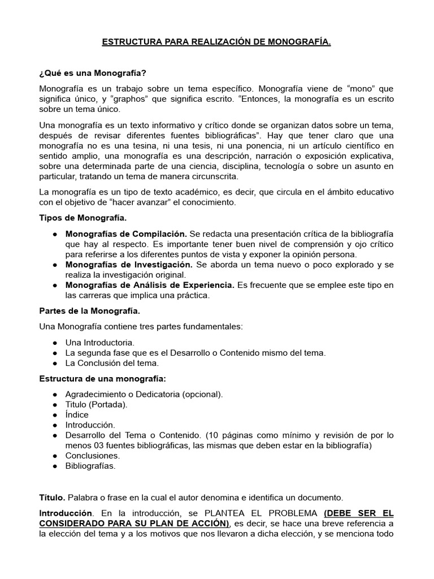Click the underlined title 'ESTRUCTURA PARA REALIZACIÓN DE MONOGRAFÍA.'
coord(216,42)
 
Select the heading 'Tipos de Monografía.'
coord(83,218)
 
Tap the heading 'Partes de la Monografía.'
coord(90,311)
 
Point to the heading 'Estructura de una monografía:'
coord(102,378)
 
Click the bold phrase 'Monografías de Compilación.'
coord(126,234)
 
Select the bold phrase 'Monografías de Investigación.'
coord(129,265)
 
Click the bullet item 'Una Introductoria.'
coord(100,343)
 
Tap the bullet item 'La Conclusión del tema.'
coord(112,363)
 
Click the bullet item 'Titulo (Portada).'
coord(97,404)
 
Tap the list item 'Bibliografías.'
coord(90,466)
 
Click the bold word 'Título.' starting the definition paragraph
coord(53,498)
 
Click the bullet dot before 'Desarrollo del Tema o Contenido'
coord(55,435)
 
